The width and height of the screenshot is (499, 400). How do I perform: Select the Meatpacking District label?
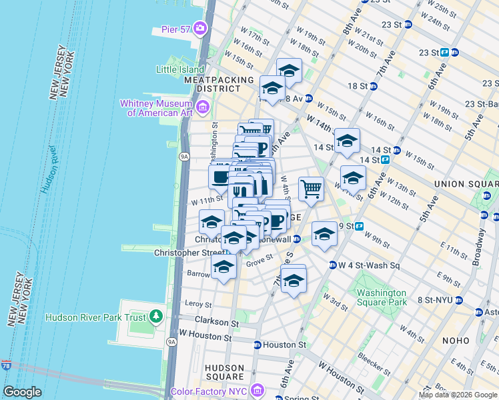pos(219,84)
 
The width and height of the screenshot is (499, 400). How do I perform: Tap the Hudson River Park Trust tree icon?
pos(157,315)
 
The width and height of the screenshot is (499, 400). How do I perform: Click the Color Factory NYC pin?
pos(258,389)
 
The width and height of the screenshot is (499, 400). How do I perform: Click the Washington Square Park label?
pos(381,297)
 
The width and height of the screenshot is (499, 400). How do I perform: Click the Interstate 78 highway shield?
pos(6,365)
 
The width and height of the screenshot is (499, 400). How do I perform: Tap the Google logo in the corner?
pos(22,392)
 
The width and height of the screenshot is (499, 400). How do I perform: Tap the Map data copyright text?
pos(457,395)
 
